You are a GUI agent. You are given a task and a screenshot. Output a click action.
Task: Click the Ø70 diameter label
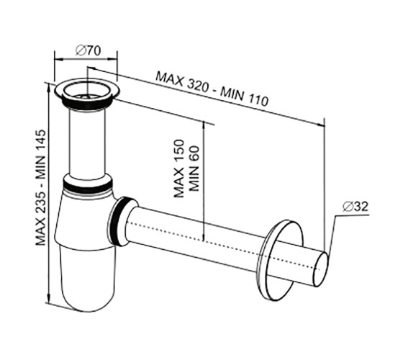tap(88, 51)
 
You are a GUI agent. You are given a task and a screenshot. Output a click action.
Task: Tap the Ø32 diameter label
tap(356, 206)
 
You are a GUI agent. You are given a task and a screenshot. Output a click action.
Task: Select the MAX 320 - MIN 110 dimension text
tap(212, 89)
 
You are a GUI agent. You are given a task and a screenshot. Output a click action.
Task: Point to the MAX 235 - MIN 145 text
tap(40, 187)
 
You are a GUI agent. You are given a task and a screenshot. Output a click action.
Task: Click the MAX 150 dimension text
tap(179, 168)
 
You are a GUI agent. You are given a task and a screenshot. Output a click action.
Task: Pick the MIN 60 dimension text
tap(194, 168)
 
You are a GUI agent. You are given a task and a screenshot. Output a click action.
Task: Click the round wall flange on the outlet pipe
tap(281, 260)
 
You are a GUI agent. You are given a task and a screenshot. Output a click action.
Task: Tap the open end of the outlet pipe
tap(321, 269)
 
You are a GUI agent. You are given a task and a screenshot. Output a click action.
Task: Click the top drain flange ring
tap(87, 91)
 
